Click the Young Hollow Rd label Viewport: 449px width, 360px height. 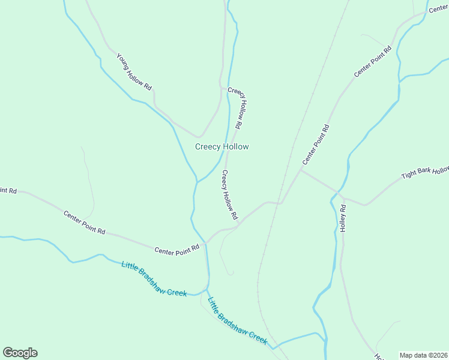tap(134, 71)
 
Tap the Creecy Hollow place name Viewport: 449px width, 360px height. tap(222, 146)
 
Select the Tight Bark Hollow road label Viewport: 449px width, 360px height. tap(425, 173)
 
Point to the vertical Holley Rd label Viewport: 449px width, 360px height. tap(343, 219)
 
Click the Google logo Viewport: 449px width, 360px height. tap(20, 353)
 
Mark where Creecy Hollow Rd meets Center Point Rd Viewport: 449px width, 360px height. tap(239, 224)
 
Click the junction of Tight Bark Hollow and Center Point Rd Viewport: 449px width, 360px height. tap(301, 170)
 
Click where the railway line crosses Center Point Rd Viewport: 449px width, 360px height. tap(280, 202)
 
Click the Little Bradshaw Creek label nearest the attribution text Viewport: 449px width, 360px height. tap(237, 320)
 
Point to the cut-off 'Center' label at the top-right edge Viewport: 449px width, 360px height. tap(438, 8)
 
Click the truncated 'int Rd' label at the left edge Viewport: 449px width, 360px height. tap(8, 190)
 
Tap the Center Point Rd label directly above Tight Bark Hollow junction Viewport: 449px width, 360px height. tap(316, 145)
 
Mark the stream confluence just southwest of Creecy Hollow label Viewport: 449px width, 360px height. tap(196, 182)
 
